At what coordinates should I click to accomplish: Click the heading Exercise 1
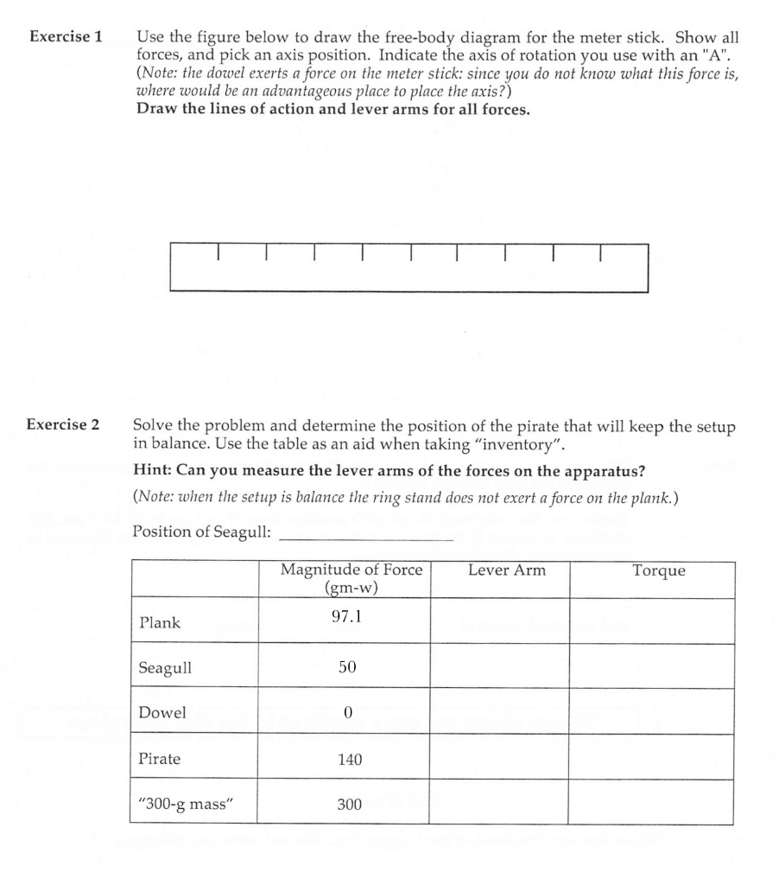66,37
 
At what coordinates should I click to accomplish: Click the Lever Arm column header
507,570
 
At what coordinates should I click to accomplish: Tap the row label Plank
159,622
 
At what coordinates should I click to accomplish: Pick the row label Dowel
161,713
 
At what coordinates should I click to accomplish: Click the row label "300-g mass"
186,805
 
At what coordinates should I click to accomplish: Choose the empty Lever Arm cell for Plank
499,621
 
